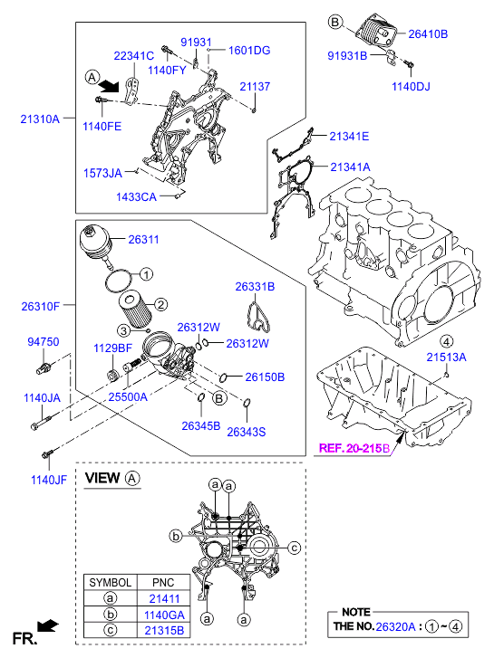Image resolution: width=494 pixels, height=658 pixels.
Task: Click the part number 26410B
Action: [428, 34]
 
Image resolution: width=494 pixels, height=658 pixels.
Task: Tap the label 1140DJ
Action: [411, 87]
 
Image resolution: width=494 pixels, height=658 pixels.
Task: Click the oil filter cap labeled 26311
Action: [95, 245]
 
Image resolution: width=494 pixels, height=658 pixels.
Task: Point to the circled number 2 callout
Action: [160, 304]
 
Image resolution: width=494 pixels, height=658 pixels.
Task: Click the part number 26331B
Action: [255, 287]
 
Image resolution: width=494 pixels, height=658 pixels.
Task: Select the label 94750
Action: [43, 341]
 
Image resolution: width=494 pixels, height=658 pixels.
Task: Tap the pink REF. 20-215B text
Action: [354, 448]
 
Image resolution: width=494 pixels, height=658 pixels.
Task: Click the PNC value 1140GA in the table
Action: [164, 615]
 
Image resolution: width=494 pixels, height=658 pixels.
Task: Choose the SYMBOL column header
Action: [111, 583]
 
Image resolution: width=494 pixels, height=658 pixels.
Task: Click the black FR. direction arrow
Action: [47, 625]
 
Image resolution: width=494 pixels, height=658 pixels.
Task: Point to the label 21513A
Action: [446, 358]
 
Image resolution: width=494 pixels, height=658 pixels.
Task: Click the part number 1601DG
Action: [249, 51]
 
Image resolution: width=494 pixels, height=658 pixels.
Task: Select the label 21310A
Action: [40, 119]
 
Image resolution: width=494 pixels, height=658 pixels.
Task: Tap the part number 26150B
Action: [265, 377]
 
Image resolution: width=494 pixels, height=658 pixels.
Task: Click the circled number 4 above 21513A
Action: [446, 341]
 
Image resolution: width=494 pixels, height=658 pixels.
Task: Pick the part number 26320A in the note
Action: [395, 626]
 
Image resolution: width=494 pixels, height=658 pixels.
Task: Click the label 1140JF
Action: [49, 480]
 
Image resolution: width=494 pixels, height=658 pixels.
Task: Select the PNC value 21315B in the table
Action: [164, 631]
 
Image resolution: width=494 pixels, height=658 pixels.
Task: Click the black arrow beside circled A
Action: [110, 86]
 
